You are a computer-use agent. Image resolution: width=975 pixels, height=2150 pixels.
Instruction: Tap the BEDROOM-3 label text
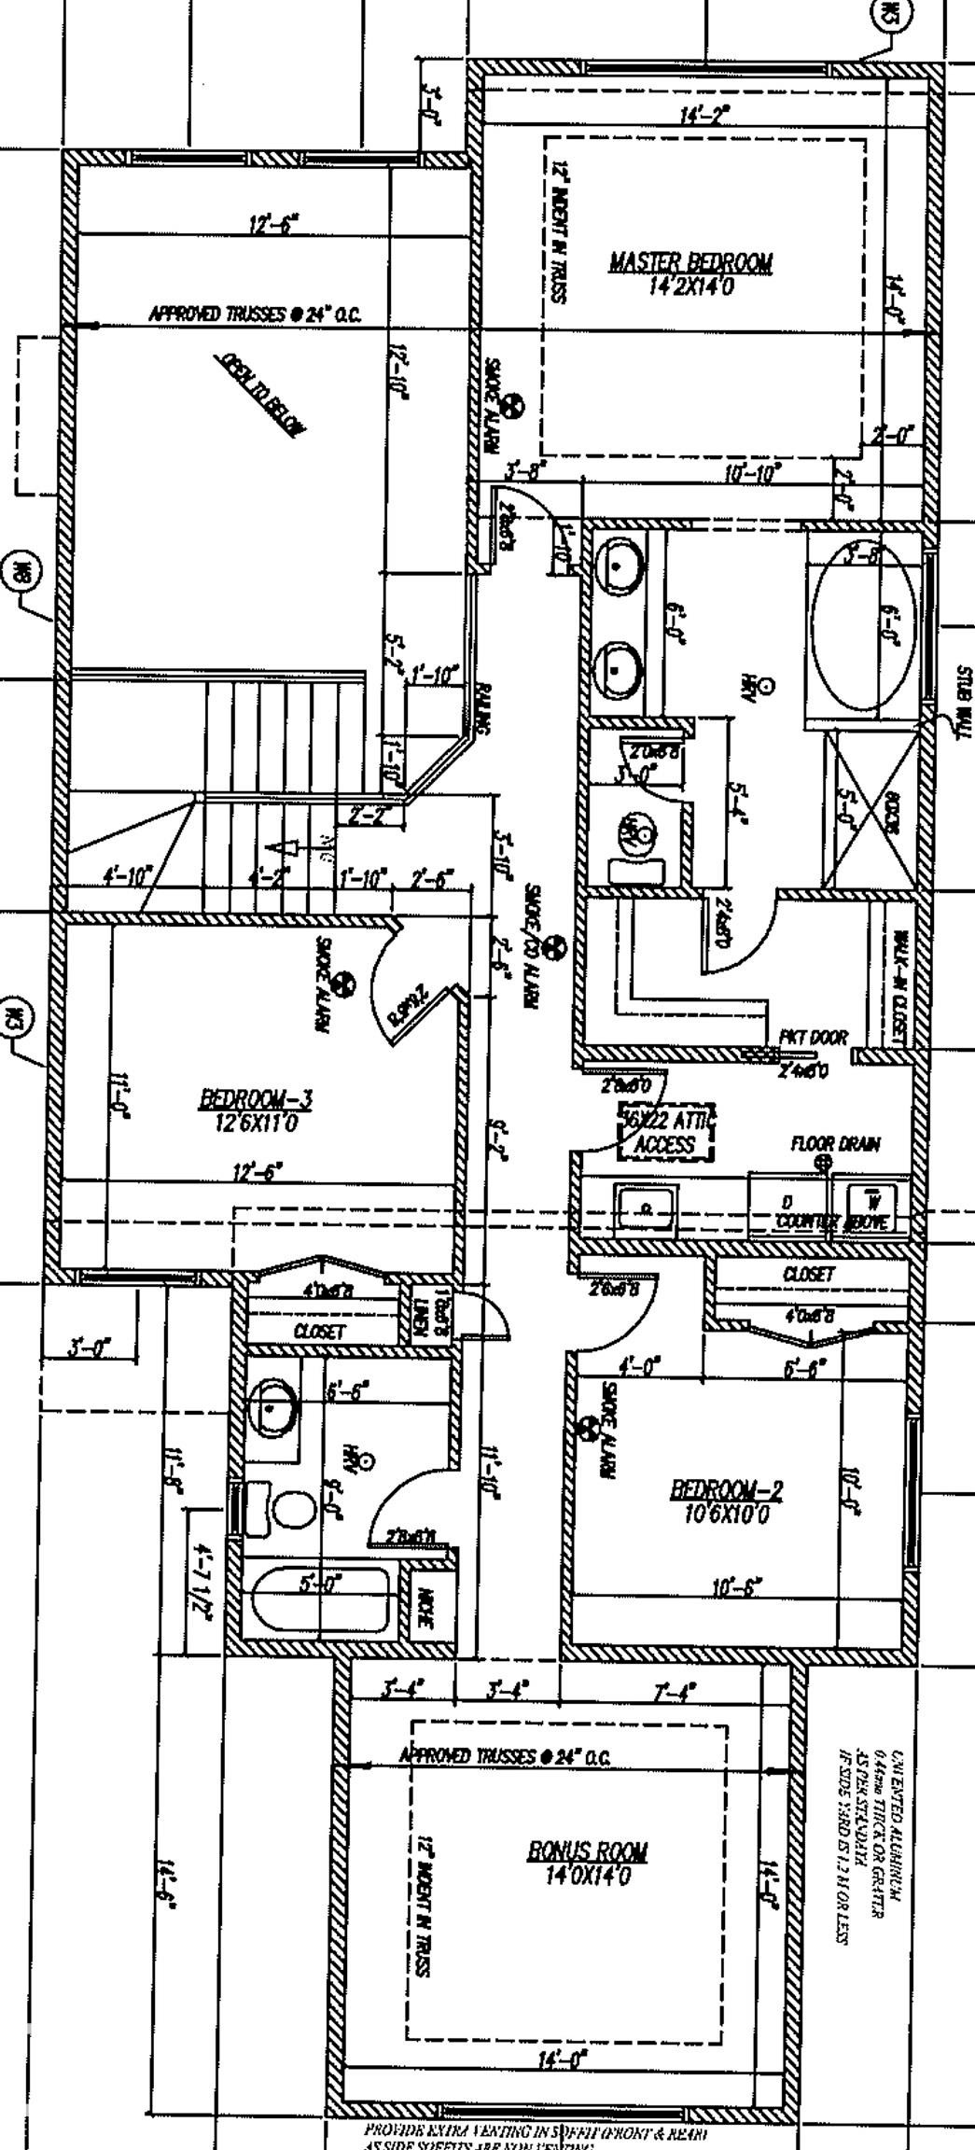coord(256,1099)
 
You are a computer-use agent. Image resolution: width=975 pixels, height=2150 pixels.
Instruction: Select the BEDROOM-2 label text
coord(727,1489)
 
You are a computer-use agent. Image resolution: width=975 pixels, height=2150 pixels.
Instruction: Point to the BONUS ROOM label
coord(588,1851)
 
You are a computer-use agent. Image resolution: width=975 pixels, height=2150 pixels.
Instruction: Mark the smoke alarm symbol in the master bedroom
coord(511,406)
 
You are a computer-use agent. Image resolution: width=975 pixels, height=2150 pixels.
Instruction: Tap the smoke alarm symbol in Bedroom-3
coord(343,984)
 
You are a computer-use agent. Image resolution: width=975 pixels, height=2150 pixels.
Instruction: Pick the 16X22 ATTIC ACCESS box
coord(665,1132)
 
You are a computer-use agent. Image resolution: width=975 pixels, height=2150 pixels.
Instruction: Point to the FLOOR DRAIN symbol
coord(823,1163)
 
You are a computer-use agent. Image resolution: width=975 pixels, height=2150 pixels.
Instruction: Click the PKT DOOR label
coord(814,1038)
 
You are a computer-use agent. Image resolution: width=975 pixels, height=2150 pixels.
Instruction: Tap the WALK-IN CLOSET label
coord(898,987)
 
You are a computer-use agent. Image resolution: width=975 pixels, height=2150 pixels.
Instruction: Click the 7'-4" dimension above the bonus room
coord(674,1690)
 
